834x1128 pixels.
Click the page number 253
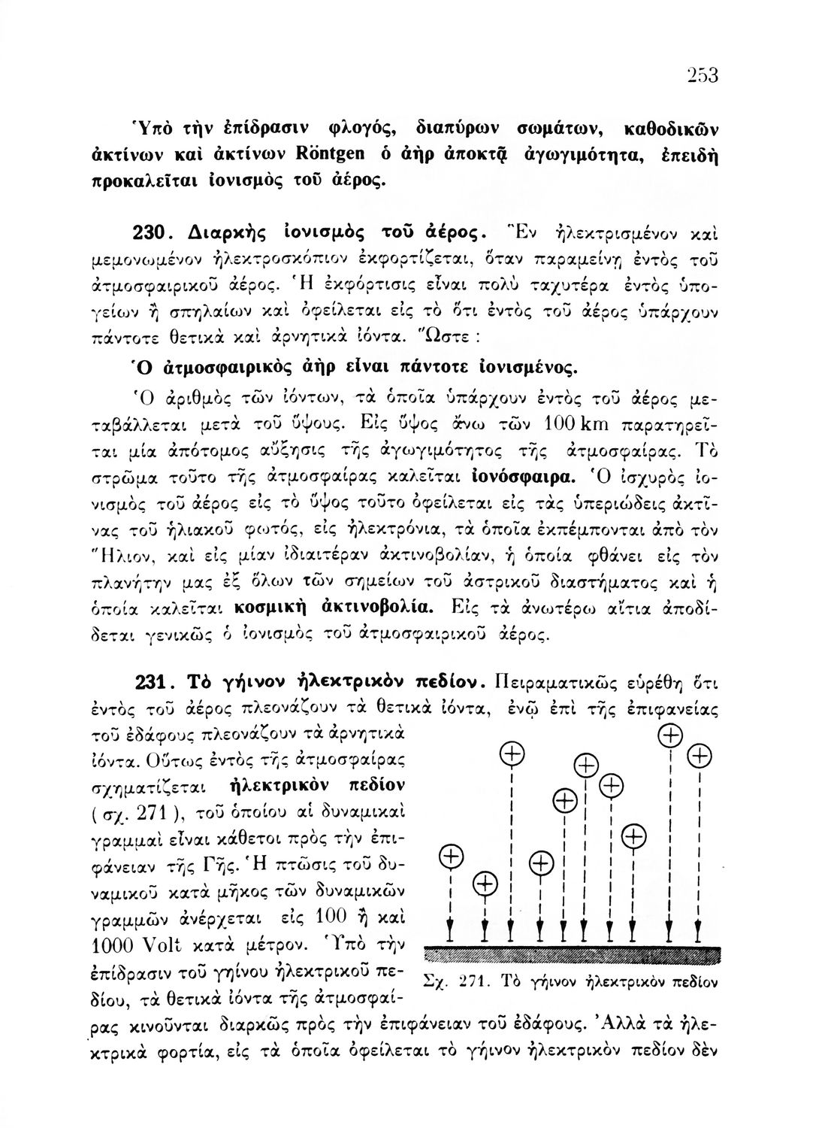click(x=703, y=76)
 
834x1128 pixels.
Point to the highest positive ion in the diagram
click(x=669, y=734)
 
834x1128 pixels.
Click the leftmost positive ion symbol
click(x=449, y=857)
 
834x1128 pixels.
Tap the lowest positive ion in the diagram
click(x=486, y=884)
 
